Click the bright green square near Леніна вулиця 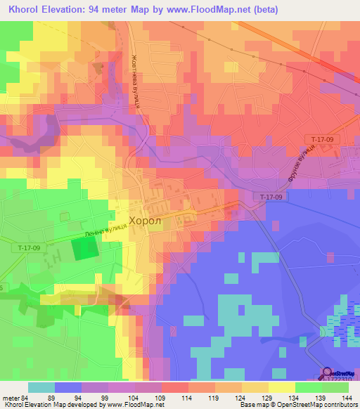point(86,249)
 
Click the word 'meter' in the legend point(11,397)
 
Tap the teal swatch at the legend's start point(41,387)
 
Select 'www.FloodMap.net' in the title point(207,10)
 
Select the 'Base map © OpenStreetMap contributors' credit point(297,405)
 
